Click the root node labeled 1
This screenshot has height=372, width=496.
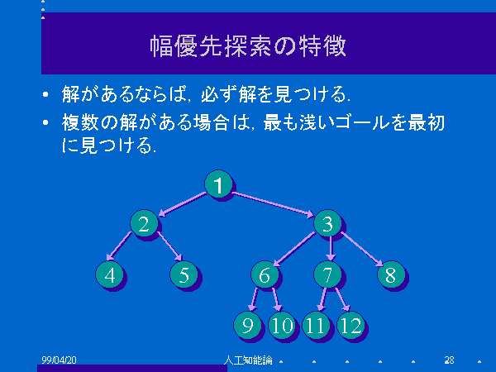point(218,184)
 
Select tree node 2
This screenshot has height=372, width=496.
point(144,223)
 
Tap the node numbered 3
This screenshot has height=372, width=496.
point(327,223)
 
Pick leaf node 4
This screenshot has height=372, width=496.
point(109,274)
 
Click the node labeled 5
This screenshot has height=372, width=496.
point(184,274)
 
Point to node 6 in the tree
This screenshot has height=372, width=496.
point(265,274)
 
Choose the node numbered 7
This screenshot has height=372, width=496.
point(327,274)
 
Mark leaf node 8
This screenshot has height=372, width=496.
point(391,274)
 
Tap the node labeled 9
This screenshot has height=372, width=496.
point(247,325)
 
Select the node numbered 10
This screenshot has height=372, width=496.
point(282,325)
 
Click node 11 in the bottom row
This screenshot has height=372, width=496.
point(317,325)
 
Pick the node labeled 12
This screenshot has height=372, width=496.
point(351,325)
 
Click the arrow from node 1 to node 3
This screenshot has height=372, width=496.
point(273,204)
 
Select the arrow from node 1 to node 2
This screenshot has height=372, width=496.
point(182,204)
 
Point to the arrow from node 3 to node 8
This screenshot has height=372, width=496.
point(362,249)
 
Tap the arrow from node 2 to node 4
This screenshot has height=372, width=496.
point(118,246)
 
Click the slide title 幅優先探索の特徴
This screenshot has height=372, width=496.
point(248,46)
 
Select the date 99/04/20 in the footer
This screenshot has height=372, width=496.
point(60,360)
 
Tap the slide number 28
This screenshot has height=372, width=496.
point(449,360)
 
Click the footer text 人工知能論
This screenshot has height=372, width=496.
point(248,360)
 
